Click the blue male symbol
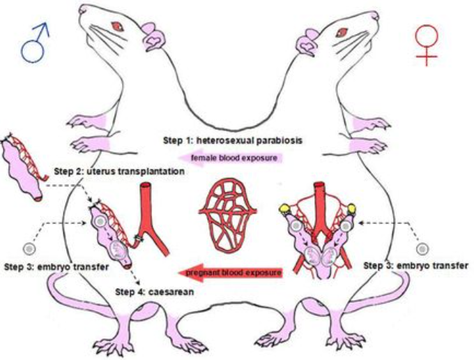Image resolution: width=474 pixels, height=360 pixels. (x=37, y=44)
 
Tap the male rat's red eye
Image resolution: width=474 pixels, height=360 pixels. (x=116, y=27)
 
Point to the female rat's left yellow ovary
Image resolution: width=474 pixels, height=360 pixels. (x=285, y=208)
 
